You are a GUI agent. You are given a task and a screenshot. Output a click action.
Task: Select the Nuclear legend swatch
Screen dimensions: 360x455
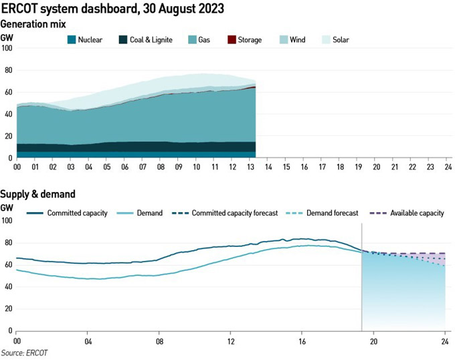71,39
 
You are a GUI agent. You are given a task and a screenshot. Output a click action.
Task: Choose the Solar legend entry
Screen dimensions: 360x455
339,39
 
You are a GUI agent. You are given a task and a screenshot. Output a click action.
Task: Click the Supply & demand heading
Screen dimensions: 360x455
37,194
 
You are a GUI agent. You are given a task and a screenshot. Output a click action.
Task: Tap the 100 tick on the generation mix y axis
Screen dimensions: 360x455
7,48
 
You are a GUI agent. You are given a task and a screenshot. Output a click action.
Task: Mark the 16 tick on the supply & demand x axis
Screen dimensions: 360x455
302,339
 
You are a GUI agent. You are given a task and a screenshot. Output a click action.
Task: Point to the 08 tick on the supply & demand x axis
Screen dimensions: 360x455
159,339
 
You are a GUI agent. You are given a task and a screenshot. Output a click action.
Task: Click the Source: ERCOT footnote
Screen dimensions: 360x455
24,352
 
